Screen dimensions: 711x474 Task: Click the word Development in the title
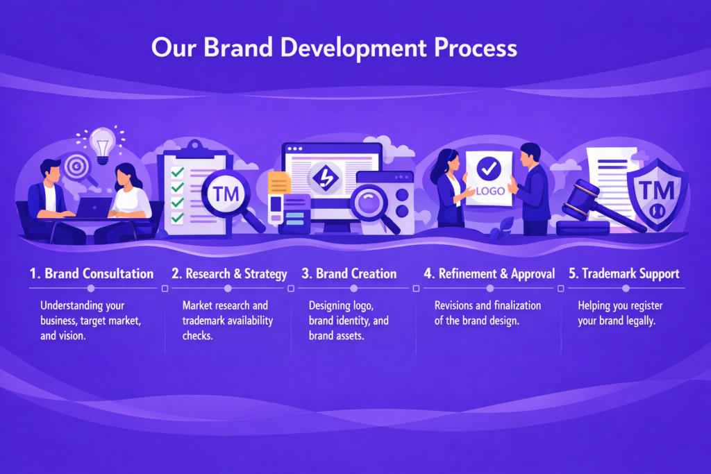[353, 48]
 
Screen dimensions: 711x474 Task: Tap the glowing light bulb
[103, 144]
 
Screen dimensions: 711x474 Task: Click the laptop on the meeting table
[94, 208]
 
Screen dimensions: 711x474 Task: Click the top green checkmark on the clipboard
[177, 172]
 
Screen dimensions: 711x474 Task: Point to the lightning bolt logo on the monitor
[325, 177]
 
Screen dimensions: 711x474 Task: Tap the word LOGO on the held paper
[490, 192]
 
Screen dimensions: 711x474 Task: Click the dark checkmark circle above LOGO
[489, 169]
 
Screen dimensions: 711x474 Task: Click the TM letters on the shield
[656, 190]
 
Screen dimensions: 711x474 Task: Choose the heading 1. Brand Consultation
[92, 273]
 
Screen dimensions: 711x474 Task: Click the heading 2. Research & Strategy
[229, 274]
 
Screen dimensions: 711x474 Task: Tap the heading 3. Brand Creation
[349, 273]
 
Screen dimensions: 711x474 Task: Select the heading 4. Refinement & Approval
[490, 274]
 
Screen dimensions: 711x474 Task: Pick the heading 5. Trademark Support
[624, 273]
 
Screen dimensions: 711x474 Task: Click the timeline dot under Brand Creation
[353, 288]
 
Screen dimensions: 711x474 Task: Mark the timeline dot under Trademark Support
[626, 288]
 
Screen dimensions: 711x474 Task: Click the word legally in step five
[641, 321]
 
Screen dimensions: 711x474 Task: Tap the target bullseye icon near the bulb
[76, 167]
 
